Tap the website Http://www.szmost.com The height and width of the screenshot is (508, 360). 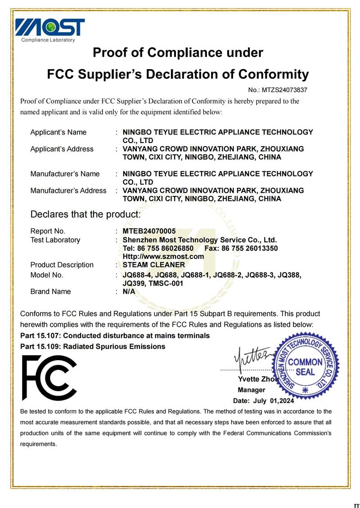pyautogui.click(x=163, y=256)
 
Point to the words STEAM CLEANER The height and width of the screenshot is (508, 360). pyautogui.click(x=154, y=265)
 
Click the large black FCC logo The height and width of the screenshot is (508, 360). pyautogui.click(x=49, y=378)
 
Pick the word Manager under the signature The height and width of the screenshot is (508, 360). pyautogui.click(x=252, y=390)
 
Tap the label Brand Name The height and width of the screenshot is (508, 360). pyautogui.click(x=50, y=291)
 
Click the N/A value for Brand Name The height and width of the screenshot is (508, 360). pyautogui.click(x=129, y=291)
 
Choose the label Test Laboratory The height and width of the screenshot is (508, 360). pyautogui.click(x=55, y=240)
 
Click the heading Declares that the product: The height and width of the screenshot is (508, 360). pyautogui.click(x=85, y=214)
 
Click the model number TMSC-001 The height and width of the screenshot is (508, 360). pyautogui.click(x=165, y=283)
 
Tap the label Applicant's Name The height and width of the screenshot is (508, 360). pyautogui.click(x=58, y=132)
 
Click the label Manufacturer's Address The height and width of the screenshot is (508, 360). pyautogui.click(x=68, y=191)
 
